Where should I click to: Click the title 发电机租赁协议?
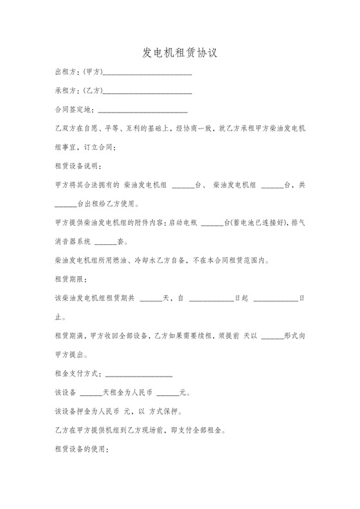(x=179, y=52)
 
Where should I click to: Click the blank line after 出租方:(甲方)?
(x=147, y=73)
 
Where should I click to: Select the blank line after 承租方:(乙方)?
(x=147, y=91)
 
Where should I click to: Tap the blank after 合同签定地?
(x=142, y=111)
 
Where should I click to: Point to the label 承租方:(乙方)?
(x=78, y=91)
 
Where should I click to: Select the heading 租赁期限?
(x=70, y=280)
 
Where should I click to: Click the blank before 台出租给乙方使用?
(x=66, y=204)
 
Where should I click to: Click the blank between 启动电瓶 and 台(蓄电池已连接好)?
(x=212, y=224)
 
